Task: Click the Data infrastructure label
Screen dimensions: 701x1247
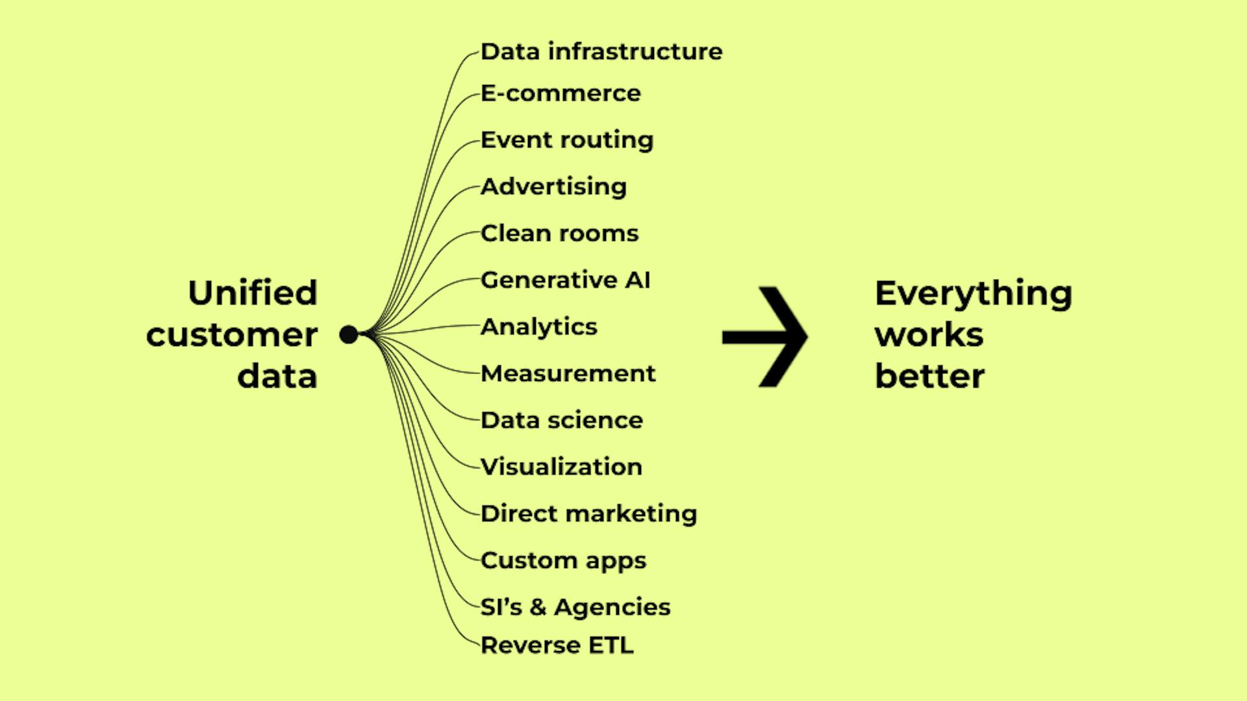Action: (601, 52)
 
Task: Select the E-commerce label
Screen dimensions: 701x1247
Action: (561, 93)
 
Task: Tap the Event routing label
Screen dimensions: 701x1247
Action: (567, 140)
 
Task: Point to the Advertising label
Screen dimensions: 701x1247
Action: (553, 187)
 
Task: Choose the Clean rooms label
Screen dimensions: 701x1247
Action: (559, 234)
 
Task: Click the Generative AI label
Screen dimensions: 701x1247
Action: (565, 280)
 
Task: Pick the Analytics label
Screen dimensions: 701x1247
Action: (538, 327)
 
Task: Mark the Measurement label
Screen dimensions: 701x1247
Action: (568, 374)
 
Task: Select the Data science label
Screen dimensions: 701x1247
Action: (562, 421)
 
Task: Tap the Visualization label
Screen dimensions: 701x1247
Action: (561, 467)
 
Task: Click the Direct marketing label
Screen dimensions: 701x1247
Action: (588, 514)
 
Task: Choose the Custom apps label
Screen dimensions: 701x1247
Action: (563, 561)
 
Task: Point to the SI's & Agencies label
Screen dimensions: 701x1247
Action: (575, 608)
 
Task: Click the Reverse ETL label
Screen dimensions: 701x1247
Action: (557, 646)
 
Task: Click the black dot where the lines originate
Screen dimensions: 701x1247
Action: (349, 335)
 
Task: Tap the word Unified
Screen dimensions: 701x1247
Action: (253, 293)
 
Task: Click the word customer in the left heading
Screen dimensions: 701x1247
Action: (232, 336)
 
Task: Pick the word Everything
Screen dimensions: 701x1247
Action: (973, 294)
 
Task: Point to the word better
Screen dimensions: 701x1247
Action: (929, 376)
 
